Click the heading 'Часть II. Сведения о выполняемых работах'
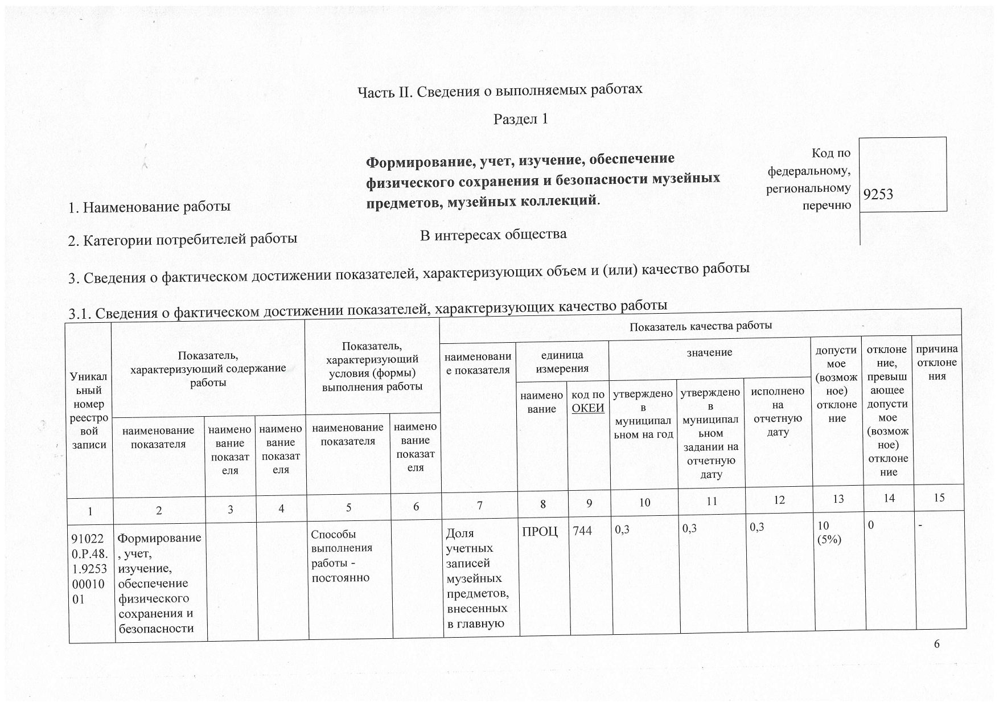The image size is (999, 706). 499,91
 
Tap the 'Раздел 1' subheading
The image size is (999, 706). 520,119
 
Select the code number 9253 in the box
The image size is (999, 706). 878,194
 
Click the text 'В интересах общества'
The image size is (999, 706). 493,234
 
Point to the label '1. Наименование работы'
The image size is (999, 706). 149,207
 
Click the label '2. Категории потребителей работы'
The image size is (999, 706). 182,239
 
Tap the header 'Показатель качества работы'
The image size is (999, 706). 700,326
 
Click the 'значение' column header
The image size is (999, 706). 709,352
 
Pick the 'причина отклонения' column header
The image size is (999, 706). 936,362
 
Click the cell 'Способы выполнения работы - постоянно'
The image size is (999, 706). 340,556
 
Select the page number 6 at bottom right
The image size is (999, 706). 936,644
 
